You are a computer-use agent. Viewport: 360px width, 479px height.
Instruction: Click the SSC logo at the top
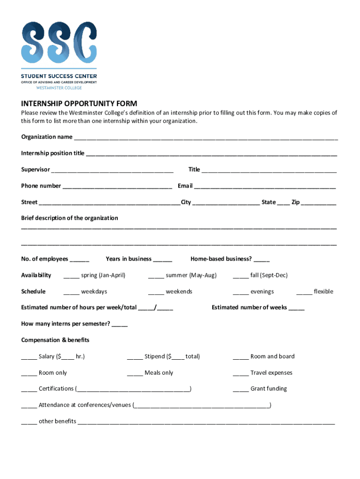tap(59, 43)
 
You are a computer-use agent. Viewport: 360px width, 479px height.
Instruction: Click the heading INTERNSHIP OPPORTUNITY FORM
tap(79, 103)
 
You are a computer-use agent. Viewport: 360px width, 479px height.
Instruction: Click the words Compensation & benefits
tap(55, 340)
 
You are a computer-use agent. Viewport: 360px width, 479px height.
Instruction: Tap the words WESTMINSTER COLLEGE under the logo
tap(59, 87)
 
